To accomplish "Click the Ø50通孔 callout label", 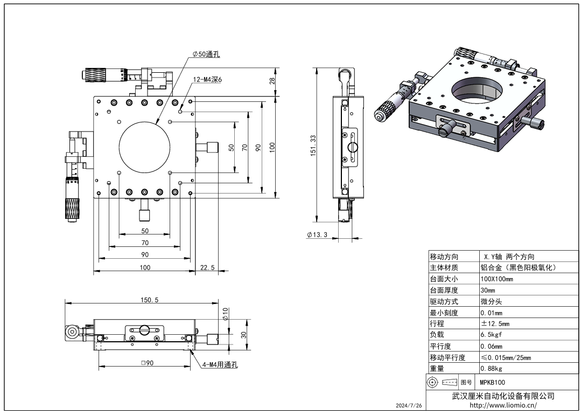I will (x=206, y=54).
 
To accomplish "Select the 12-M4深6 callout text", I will (x=207, y=79).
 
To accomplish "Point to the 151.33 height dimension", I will (x=313, y=145).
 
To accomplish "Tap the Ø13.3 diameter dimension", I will (x=317, y=234).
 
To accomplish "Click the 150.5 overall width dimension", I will (x=149, y=300).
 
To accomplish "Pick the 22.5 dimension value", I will (x=207, y=267).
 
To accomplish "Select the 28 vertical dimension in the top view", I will (x=272, y=81).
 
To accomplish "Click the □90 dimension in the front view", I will (x=147, y=363).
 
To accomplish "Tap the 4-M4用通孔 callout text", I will (x=220, y=364).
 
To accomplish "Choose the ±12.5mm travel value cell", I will (x=495, y=324).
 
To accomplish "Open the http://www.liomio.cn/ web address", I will (x=503, y=405).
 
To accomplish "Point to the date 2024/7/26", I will (x=409, y=405).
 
